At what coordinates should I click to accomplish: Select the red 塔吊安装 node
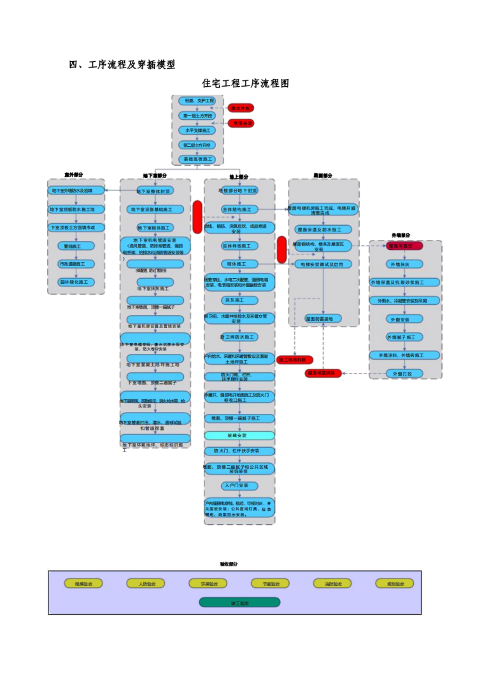[x=241, y=123]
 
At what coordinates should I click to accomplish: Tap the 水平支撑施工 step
[x=197, y=130]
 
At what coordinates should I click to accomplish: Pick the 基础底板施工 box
[x=197, y=159]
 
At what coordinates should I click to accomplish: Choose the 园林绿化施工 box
[x=76, y=282]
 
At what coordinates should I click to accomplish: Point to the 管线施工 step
[x=76, y=246]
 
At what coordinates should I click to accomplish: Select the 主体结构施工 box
[x=239, y=209]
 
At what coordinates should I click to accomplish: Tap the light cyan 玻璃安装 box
[x=239, y=435]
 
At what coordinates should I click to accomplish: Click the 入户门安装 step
[x=239, y=485]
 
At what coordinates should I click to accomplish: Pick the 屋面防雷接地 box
[x=323, y=318]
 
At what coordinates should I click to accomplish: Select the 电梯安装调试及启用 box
[x=323, y=263]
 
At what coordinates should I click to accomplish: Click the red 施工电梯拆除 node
[x=295, y=360]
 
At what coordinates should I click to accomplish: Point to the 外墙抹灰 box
[x=405, y=263]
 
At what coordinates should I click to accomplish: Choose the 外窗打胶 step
[x=405, y=373]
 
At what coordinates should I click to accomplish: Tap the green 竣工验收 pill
[x=239, y=602]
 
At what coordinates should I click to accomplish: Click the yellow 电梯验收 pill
[x=83, y=584]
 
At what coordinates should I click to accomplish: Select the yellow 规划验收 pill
[x=394, y=584]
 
